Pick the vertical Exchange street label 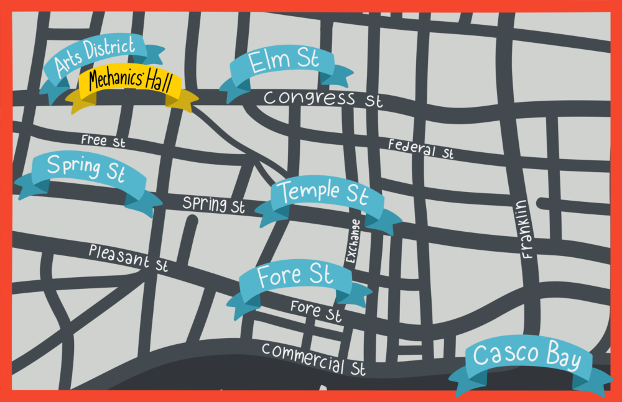click(353, 242)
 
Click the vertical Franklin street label click(526, 229)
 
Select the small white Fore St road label click(316, 310)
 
